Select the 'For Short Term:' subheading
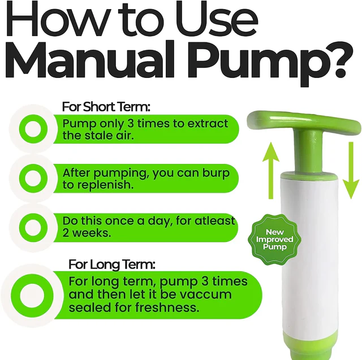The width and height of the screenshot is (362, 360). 106,107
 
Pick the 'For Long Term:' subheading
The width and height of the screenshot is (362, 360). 112,264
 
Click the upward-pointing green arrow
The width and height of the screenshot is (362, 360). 271,170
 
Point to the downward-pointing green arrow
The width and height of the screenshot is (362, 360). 351,170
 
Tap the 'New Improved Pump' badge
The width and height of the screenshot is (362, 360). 274,240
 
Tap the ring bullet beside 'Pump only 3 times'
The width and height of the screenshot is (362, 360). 33,128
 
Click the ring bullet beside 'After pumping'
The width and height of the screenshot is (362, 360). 33,178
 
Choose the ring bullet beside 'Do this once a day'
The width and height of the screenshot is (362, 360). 33,228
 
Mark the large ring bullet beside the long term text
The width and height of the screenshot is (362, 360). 32,296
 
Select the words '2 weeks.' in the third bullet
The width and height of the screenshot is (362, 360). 87,233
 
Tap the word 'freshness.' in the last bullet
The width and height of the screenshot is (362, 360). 167,307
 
